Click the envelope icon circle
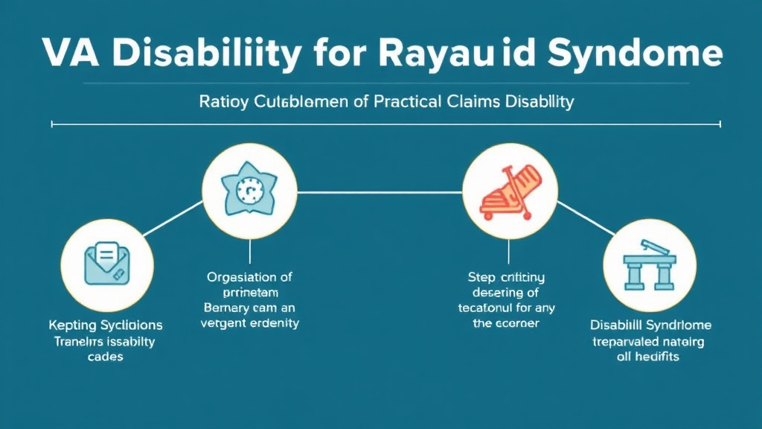(107, 266)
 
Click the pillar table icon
(650, 266)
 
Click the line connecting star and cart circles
(380, 191)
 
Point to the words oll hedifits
(650, 357)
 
